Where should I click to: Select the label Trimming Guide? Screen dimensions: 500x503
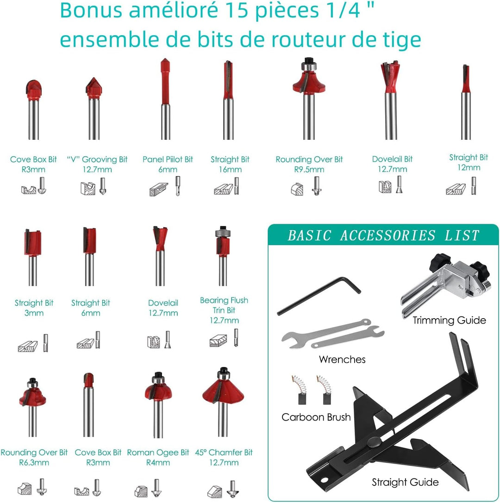pyautogui.click(x=449, y=320)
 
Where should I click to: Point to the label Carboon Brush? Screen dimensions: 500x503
pyautogui.click(x=316, y=417)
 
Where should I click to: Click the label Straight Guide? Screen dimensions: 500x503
pyautogui.click(x=405, y=482)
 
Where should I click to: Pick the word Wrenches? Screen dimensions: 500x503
pyautogui.click(x=342, y=359)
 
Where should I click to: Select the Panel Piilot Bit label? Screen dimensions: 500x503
pyautogui.click(x=168, y=164)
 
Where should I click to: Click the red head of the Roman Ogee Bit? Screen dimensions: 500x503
pyautogui.click(x=158, y=391)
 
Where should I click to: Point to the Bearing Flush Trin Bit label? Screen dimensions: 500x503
pyautogui.click(x=224, y=310)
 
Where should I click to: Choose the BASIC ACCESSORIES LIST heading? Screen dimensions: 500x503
pyautogui.click(x=384, y=235)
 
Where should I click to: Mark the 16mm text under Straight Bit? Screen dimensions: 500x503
pyautogui.click(x=230, y=170)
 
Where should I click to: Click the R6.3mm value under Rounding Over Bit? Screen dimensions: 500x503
pyautogui.click(x=34, y=463)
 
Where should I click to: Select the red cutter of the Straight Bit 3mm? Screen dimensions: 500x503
pyautogui.click(x=33, y=243)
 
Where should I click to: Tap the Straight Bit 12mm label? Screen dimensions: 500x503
pyautogui.click(x=468, y=162)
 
